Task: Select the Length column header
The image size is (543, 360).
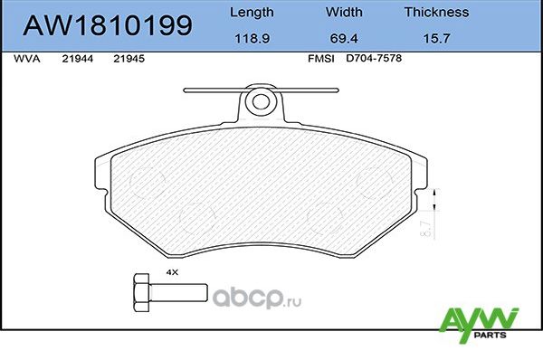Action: click(252, 13)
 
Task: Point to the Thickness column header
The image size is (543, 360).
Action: click(436, 13)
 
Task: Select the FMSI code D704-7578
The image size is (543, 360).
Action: click(373, 58)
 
